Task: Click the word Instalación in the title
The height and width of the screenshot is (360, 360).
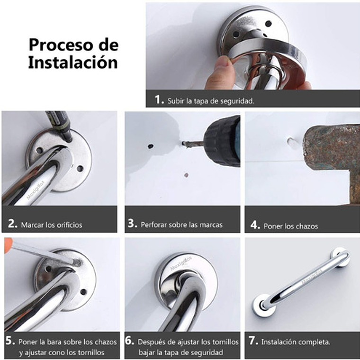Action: tap(72, 62)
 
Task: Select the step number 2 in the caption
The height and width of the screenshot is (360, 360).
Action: tap(12, 224)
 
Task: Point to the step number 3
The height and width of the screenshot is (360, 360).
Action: tap(132, 224)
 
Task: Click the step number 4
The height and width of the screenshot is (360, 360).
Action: tap(255, 225)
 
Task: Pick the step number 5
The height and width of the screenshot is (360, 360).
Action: tap(10, 341)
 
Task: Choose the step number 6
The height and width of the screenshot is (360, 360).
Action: tap(130, 341)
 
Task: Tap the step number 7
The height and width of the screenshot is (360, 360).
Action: tap(254, 341)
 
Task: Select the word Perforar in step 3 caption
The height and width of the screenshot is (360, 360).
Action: tap(155, 225)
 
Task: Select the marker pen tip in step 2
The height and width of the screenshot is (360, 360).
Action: tap(68, 138)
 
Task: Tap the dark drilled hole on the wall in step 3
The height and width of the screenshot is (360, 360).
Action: tap(151, 146)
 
